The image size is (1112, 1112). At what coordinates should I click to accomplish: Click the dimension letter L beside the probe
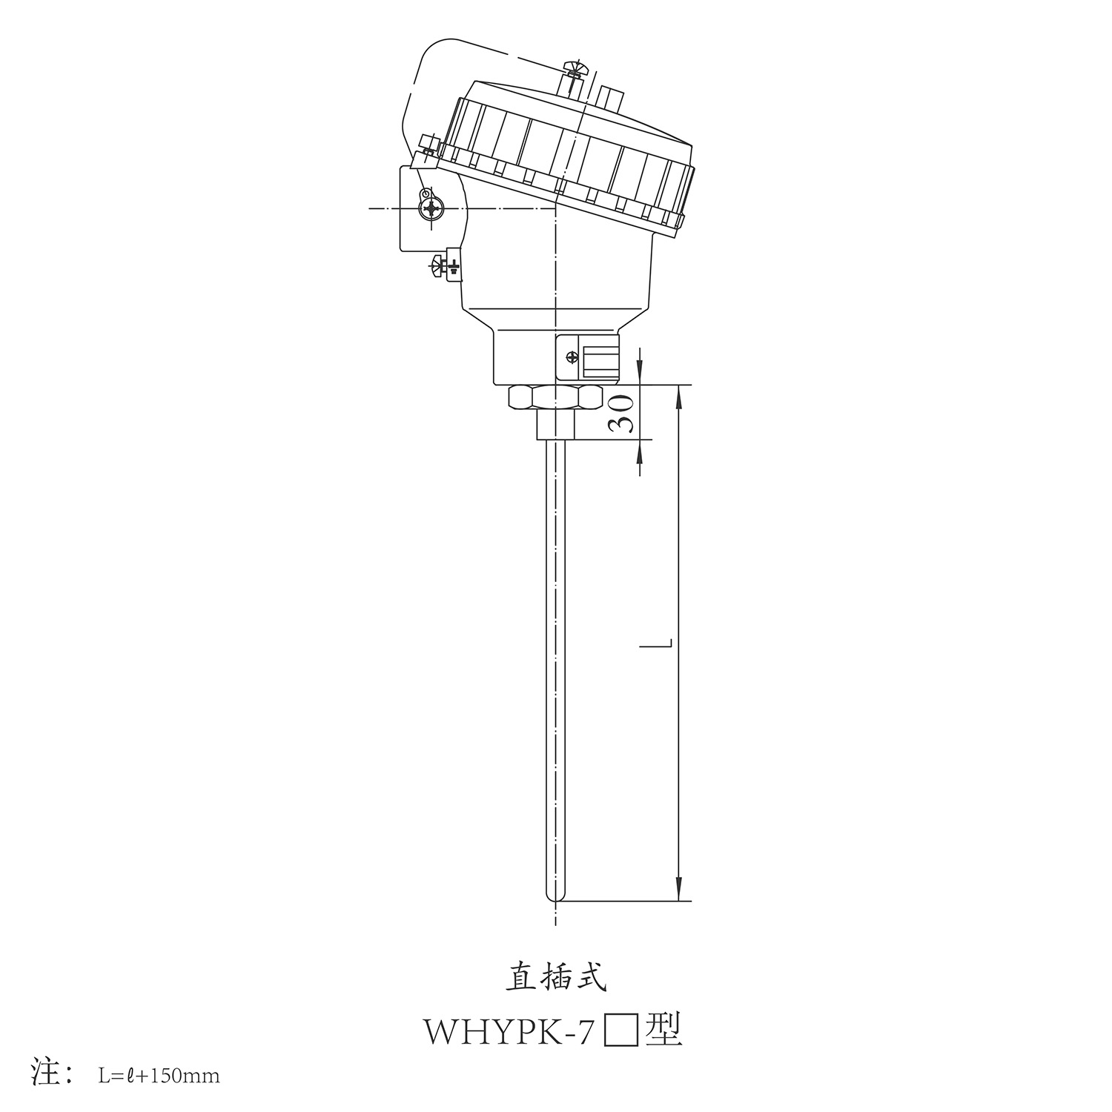tap(657, 645)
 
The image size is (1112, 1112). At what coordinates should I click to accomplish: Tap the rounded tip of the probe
tap(555, 896)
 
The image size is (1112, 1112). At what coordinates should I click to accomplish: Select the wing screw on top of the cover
tap(575, 70)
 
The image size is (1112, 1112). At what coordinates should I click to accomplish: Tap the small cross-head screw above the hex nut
tap(571, 357)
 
